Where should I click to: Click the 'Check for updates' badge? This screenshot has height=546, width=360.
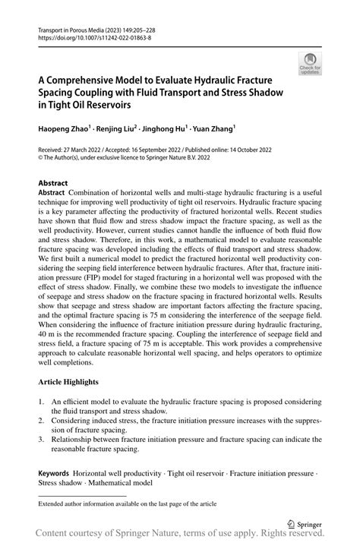(310, 65)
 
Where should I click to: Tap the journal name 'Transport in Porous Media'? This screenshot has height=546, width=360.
(71, 27)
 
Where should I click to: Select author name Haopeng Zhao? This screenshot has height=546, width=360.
(65, 129)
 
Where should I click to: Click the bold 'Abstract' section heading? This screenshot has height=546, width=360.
(53, 183)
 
